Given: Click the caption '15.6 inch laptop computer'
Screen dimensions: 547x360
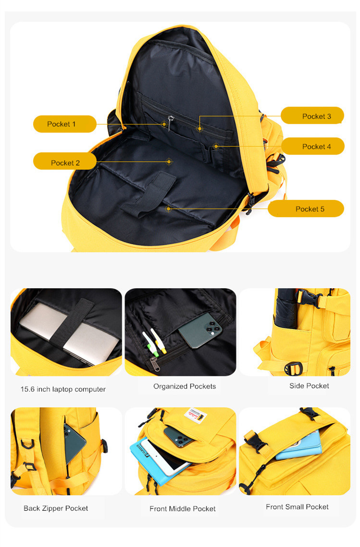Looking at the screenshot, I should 63,389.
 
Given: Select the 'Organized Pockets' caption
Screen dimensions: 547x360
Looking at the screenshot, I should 185,386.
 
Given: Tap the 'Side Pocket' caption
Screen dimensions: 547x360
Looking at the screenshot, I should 309,386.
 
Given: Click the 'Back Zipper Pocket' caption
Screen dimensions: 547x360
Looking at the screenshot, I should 56,508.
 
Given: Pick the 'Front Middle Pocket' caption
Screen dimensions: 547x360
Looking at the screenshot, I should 183,509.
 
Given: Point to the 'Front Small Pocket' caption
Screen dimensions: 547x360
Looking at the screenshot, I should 297,507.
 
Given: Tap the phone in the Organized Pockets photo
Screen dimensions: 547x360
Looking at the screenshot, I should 200,329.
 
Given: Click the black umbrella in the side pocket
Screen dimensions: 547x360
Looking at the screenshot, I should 287,308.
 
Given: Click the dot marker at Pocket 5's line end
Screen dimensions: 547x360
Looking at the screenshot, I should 168,208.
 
